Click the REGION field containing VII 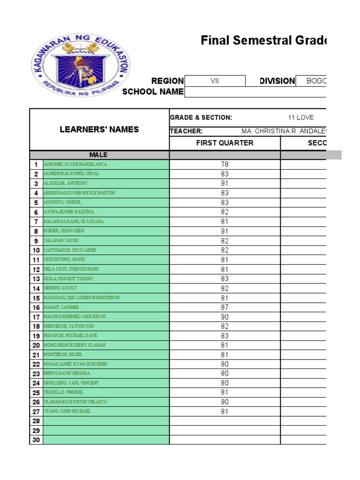click(x=215, y=81)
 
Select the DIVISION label click(x=277, y=81)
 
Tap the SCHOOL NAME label click(x=153, y=91)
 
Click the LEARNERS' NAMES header click(x=99, y=129)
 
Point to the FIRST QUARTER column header click(x=225, y=143)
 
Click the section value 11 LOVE click(x=300, y=118)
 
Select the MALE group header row click(x=99, y=155)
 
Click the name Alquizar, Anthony click(x=66, y=183)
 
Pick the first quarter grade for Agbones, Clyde click(x=225, y=165)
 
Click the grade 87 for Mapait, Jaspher click(x=225, y=307)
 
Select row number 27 click(x=36, y=412)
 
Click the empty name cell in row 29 click(x=105, y=430)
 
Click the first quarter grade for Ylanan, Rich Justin click(x=225, y=402)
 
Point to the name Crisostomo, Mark click(x=64, y=259)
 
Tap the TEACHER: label click(x=186, y=131)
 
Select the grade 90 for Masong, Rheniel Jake click(x=225, y=316)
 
